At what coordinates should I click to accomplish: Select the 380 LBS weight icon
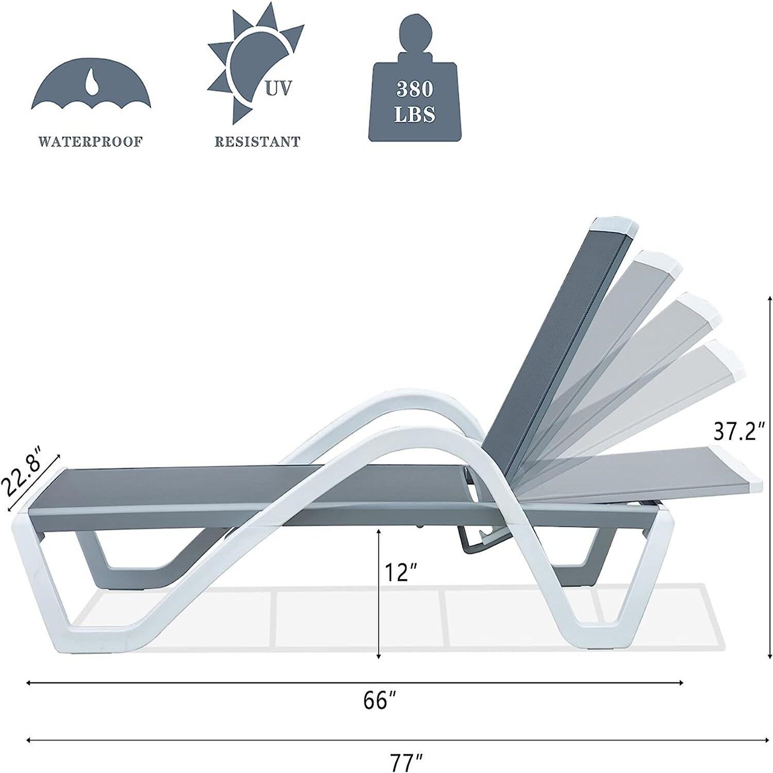[414, 82]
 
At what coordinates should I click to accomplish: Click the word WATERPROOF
[90, 142]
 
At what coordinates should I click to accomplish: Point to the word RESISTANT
[257, 142]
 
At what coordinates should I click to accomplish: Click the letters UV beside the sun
[278, 89]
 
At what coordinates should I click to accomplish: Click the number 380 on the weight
[414, 89]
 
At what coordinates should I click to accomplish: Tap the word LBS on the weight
[414, 114]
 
